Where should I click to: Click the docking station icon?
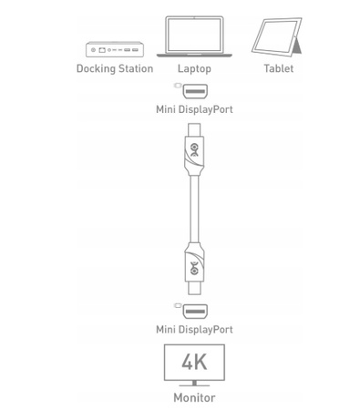click(114, 49)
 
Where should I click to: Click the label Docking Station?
click(114, 68)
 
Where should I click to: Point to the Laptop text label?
click(194, 68)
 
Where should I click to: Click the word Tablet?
click(279, 68)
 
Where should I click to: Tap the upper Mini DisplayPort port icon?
click(193, 90)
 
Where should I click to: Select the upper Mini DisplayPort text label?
click(194, 109)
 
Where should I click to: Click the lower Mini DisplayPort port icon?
click(193, 311)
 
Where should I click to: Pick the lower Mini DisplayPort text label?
click(194, 330)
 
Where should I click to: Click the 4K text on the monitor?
click(194, 362)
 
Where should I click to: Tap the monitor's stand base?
click(194, 386)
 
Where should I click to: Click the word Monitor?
click(194, 398)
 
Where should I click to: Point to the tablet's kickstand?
click(300, 44)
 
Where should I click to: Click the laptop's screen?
click(194, 34)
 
